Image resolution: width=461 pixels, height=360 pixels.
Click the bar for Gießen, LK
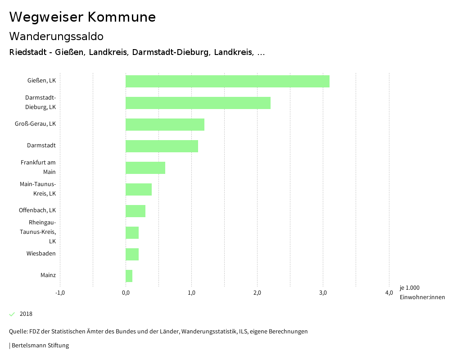point(227,81)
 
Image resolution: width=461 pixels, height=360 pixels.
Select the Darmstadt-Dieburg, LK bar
point(198,103)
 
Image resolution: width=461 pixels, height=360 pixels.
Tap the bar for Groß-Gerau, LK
point(165,124)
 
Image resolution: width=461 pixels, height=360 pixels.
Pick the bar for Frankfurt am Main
point(145,168)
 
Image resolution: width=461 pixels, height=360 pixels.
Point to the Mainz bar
point(129,276)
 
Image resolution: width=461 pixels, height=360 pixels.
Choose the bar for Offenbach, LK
point(136,211)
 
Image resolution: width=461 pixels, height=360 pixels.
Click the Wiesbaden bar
point(132,254)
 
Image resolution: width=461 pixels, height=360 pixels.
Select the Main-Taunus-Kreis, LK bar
point(139,189)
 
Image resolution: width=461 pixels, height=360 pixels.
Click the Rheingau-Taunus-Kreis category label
point(43,232)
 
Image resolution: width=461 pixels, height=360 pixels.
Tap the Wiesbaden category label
point(41,254)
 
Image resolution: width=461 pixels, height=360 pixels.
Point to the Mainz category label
point(48,275)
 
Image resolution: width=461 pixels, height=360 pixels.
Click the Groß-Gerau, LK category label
point(35,124)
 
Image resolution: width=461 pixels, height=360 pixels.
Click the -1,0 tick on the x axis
point(60,293)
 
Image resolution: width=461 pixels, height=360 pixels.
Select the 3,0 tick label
point(323,293)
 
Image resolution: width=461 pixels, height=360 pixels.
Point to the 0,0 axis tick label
point(126,293)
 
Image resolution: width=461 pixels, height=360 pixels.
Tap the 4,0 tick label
point(389,293)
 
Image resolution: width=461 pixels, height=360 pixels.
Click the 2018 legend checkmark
point(12,314)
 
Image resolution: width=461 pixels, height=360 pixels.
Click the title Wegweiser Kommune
point(82,17)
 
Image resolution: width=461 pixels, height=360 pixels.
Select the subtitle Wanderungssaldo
point(56,36)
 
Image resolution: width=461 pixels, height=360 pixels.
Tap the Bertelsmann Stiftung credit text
point(40,346)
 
